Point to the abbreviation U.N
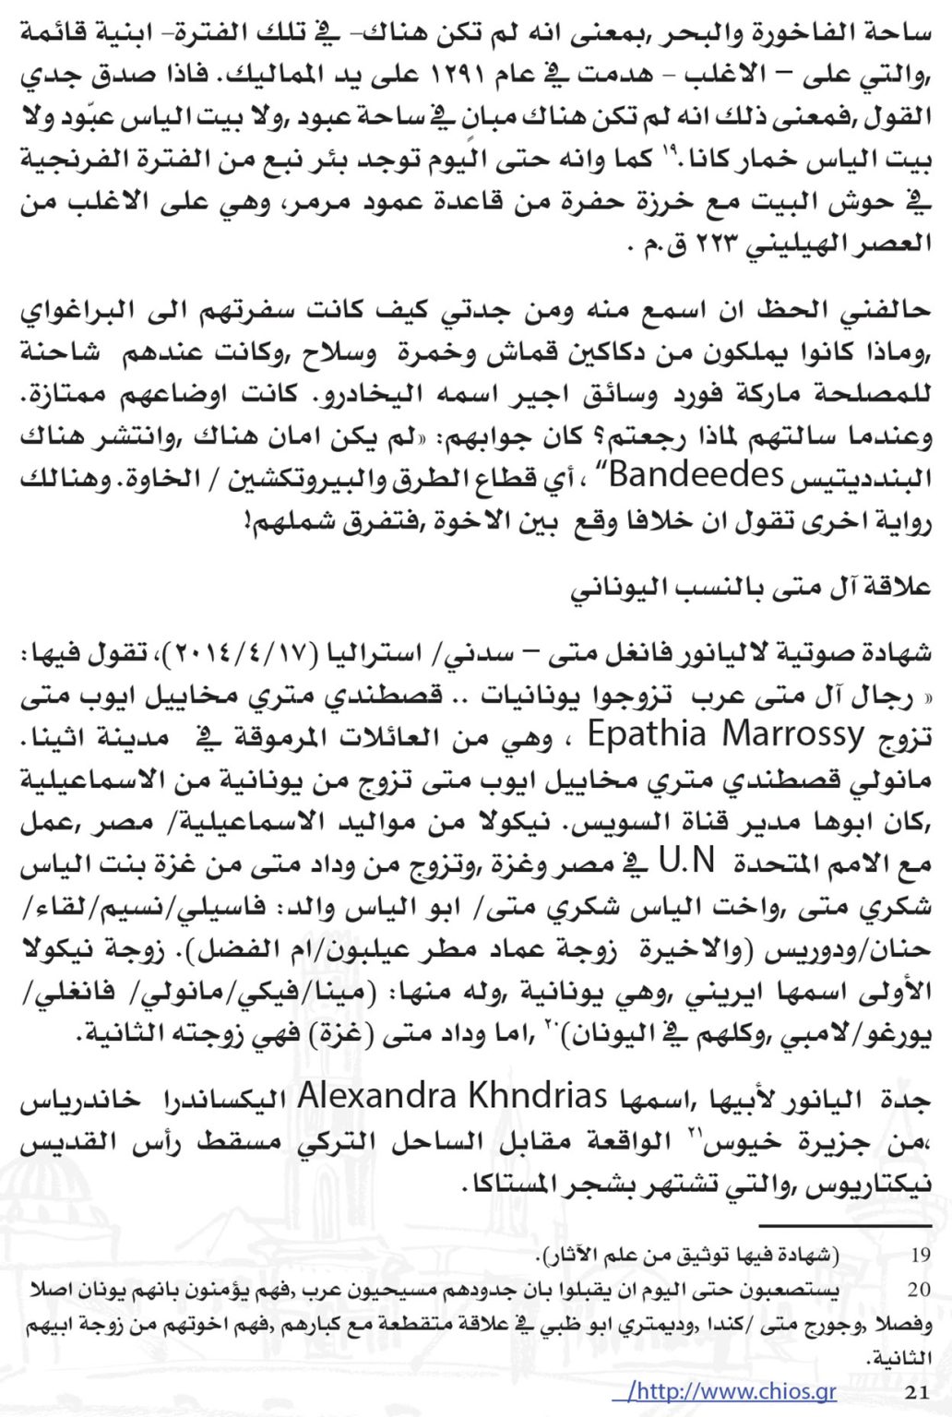[x=688, y=863]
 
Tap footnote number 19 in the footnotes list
[x=920, y=1256]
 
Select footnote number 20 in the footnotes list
[x=920, y=1290]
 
